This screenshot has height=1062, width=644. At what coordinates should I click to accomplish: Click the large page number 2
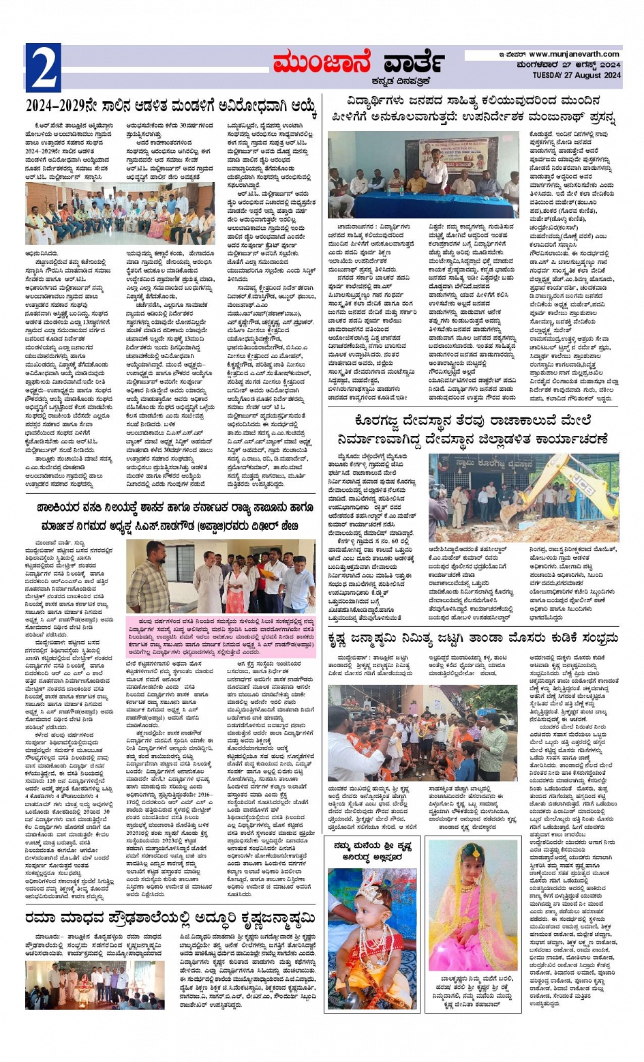43,68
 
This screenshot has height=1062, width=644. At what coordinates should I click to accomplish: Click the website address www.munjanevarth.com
574,54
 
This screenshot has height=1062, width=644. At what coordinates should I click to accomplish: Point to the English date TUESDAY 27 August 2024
577,75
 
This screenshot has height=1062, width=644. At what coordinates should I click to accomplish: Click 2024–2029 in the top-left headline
62,106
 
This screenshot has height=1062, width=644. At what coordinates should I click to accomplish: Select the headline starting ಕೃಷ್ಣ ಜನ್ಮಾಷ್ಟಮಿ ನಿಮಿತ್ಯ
473,638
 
